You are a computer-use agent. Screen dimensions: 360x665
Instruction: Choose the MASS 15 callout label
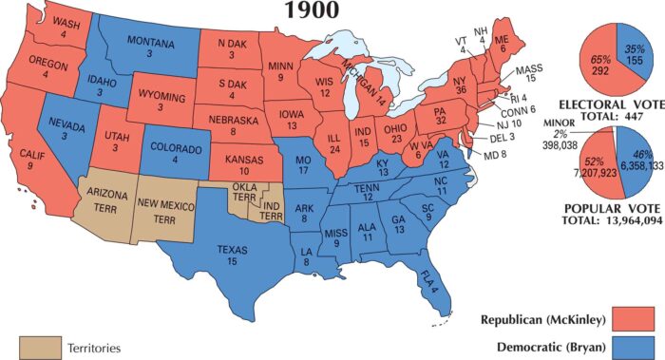525,76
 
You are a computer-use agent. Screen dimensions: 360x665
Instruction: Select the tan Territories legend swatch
36,348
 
